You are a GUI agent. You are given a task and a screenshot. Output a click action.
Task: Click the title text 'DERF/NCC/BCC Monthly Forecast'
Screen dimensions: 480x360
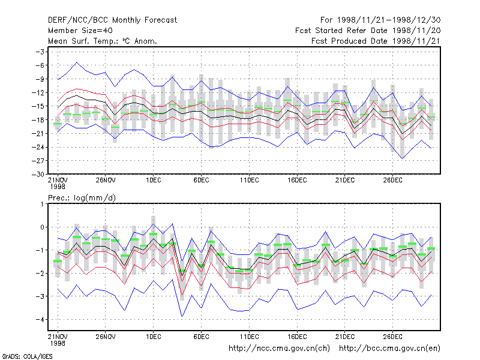[112, 20]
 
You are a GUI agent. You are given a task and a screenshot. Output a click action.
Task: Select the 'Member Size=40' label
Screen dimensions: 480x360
[80, 31]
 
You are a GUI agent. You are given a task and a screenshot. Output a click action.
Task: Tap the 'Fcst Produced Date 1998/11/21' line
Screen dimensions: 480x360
[376, 41]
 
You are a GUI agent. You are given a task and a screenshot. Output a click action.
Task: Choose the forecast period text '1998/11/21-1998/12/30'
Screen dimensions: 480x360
[389, 20]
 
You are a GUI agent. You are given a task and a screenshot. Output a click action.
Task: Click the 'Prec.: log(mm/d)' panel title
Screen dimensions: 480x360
[82, 198]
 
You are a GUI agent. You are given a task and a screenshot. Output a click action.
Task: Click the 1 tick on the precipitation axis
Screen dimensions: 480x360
[42, 204]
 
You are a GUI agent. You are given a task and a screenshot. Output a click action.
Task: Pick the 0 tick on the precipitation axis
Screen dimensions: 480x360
[42, 227]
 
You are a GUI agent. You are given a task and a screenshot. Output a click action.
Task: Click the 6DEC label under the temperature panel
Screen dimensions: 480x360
[201, 181]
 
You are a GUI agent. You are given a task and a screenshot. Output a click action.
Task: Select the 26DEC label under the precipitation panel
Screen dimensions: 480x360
[392, 337]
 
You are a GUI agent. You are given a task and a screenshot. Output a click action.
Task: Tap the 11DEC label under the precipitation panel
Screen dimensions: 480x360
[249, 337]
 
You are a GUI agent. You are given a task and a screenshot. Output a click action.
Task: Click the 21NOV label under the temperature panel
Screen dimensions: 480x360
[58, 181]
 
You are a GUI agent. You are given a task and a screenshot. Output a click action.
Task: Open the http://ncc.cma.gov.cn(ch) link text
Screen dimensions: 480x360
[279, 349]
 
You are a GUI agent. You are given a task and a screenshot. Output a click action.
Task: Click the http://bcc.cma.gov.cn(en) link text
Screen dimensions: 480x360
[389, 349]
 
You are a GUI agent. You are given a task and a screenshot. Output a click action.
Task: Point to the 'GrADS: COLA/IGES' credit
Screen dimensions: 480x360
[27, 356]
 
